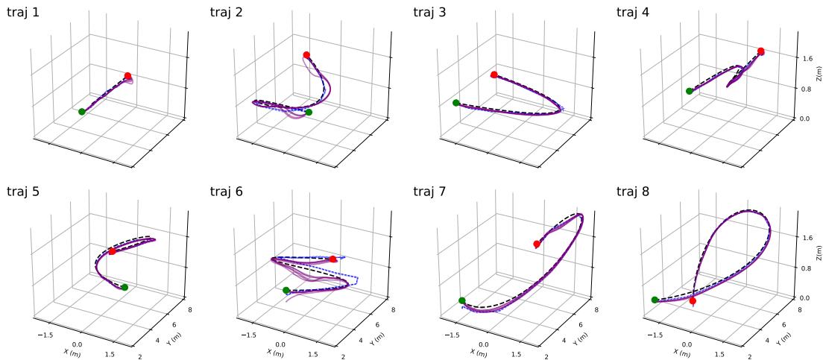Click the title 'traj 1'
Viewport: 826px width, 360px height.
23,12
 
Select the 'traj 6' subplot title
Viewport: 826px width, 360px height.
227,192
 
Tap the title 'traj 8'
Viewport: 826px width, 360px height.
633,192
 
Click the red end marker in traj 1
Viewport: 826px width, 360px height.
128,76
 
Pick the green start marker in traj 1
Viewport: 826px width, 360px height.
82,112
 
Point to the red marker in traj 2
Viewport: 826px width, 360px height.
306,55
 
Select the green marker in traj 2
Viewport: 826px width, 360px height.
309,113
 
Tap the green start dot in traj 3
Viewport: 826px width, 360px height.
455,103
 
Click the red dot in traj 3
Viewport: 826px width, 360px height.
494,75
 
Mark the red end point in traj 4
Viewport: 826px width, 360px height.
760,51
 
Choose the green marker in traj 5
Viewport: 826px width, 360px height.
124,287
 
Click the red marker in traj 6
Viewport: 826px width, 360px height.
333,259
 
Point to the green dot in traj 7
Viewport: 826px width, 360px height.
462,301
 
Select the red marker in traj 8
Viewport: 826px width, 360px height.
693,301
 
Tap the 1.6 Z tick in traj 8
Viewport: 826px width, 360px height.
805,238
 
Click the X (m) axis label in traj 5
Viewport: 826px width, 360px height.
72,351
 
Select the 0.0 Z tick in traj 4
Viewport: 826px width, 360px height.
805,119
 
